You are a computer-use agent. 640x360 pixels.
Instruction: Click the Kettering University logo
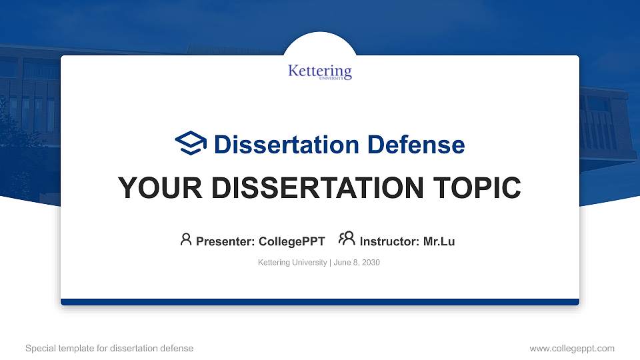[320, 72]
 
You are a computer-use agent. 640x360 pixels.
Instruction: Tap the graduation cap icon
[191, 143]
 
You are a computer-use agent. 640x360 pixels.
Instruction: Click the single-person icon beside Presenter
[186, 239]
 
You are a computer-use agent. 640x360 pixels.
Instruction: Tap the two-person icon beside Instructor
[347, 239]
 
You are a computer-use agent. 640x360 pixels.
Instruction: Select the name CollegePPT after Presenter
[291, 241]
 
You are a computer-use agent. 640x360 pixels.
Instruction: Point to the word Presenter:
[225, 241]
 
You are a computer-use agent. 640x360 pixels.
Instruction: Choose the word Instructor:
[389, 241]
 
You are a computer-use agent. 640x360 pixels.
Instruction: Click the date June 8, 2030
[357, 263]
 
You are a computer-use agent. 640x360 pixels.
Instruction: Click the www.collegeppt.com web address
[571, 348]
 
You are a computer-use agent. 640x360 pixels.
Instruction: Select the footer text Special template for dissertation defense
[109, 348]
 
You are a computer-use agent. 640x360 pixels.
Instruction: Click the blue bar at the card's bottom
[320, 302]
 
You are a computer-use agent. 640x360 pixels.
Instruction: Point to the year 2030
[371, 263]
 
